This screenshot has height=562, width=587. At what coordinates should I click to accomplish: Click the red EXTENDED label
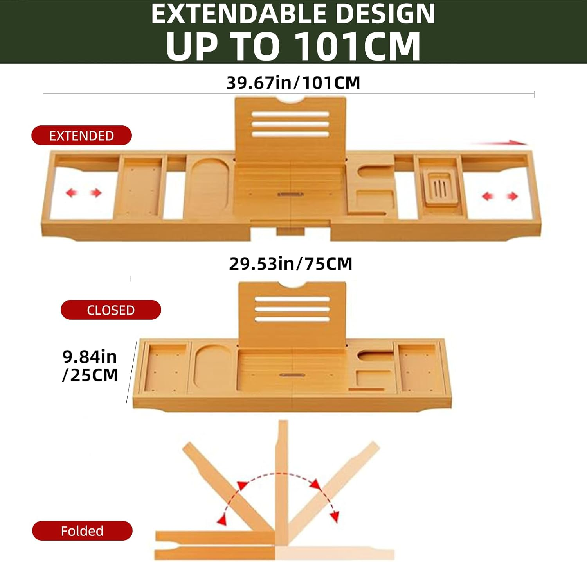(x=81, y=135)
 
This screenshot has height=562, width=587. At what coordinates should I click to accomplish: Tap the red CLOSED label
(x=111, y=310)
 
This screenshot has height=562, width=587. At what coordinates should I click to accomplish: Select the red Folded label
(x=82, y=531)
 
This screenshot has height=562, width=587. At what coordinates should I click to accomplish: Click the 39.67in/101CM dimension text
(x=293, y=83)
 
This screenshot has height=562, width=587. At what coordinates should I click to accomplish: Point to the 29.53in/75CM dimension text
(x=290, y=264)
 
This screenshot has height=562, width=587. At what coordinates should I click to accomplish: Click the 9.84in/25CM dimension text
(x=90, y=366)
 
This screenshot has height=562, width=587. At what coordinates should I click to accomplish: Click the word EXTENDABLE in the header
(x=239, y=14)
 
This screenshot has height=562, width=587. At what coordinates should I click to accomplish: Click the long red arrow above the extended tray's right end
(x=499, y=143)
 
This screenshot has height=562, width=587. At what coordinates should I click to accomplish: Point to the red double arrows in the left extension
(x=83, y=192)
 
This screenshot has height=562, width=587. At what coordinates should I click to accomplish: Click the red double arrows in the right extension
(x=500, y=196)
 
